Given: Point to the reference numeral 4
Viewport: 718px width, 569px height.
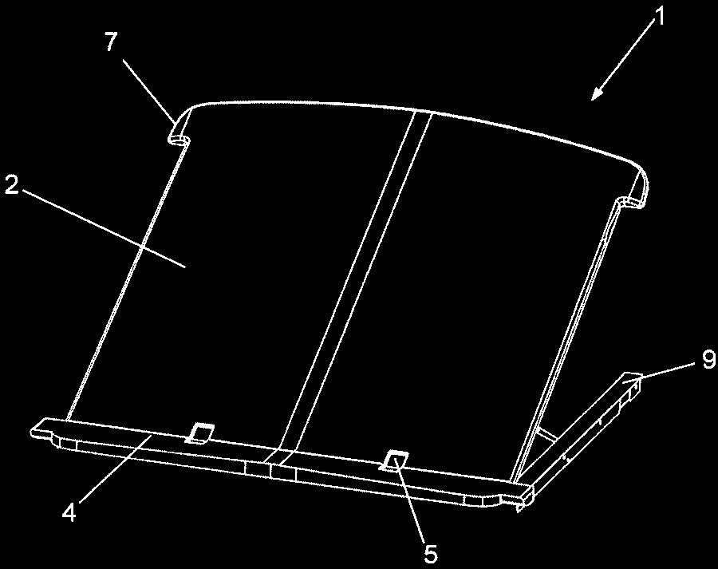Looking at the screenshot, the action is click(x=69, y=512).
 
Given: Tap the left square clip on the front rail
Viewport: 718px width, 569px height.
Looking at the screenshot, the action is click(x=199, y=433).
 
